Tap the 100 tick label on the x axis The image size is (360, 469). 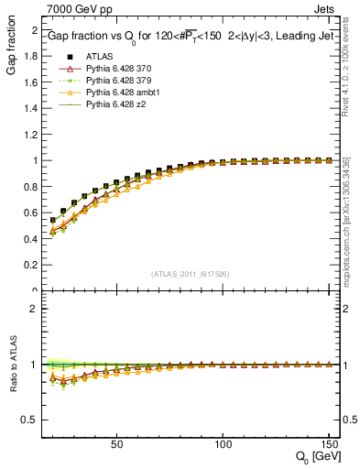(x=223, y=444)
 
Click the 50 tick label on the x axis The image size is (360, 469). (x=117, y=444)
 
